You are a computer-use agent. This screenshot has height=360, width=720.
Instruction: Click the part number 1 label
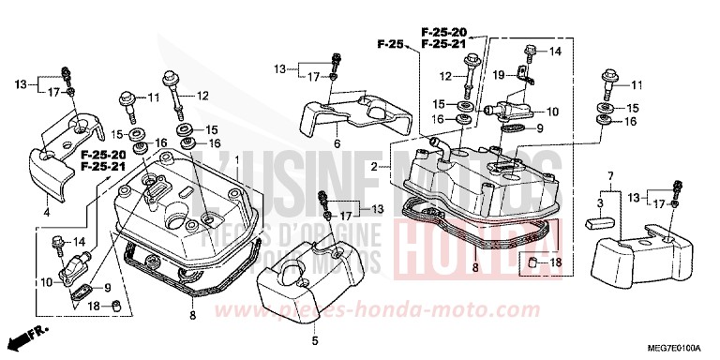click(236, 160)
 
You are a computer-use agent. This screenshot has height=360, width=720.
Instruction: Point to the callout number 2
click(373, 166)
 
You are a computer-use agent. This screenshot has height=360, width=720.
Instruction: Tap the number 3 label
click(601, 203)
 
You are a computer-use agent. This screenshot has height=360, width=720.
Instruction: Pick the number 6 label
click(337, 143)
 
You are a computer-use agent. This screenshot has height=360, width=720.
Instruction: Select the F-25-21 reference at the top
click(443, 44)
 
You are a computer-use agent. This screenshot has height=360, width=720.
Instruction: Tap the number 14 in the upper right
click(553, 51)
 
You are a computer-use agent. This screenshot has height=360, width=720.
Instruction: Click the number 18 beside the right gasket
click(555, 262)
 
